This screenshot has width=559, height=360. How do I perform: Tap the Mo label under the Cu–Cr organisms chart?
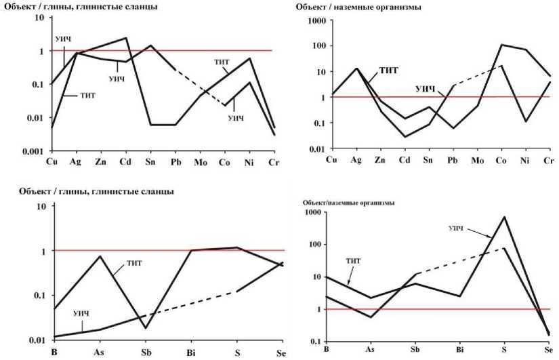[476, 160]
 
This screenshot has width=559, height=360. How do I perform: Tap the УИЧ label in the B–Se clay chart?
[81, 313]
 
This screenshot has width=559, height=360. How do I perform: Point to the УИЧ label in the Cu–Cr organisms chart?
[424, 88]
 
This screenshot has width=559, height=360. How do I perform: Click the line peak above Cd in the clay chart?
[127, 38]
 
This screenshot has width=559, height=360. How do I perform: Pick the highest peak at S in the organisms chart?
[504, 217]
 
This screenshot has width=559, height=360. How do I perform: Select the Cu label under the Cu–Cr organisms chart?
[331, 160]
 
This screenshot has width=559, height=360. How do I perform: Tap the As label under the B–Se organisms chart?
[370, 349]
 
